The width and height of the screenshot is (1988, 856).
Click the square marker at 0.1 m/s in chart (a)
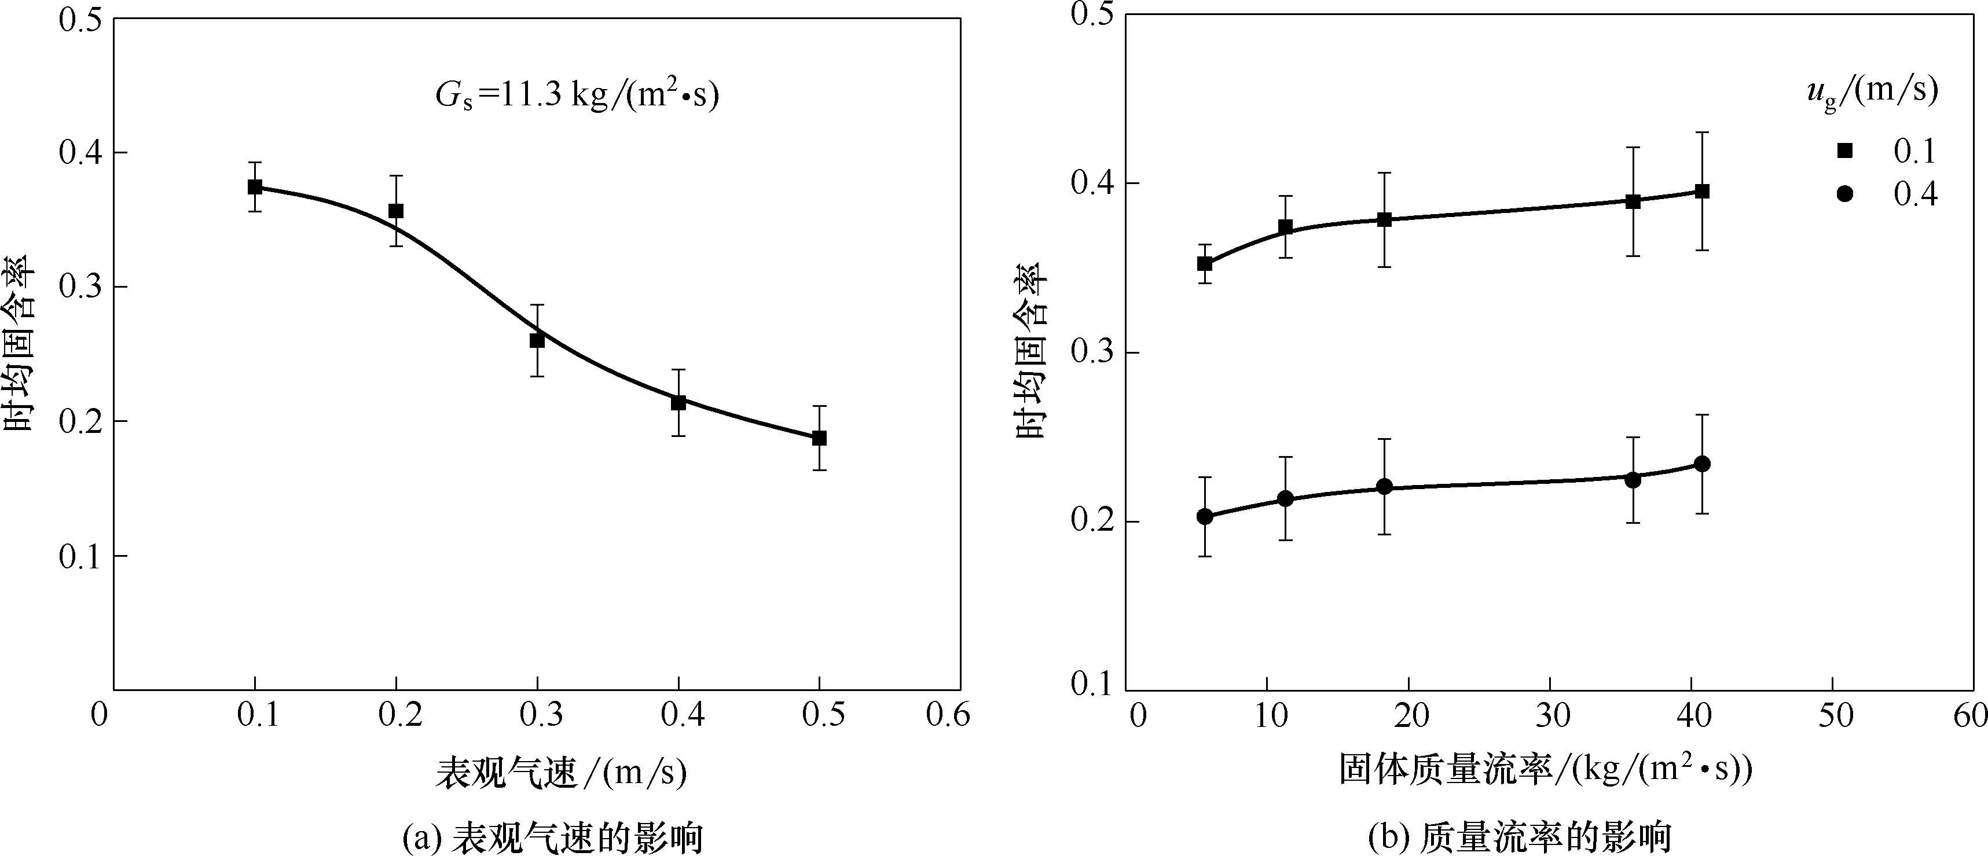pyautogui.click(x=255, y=187)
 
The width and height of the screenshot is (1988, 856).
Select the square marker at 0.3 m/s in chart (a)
pyautogui.click(x=537, y=340)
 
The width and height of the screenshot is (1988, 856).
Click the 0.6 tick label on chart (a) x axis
pyautogui.click(x=948, y=715)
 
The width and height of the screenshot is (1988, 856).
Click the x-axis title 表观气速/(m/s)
pyautogui.click(x=561, y=773)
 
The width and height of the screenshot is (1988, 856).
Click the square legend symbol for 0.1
pyautogui.click(x=1845, y=151)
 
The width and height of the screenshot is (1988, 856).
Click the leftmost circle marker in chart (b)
pyautogui.click(x=1205, y=516)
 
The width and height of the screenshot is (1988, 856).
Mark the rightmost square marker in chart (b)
pyautogui.click(x=1701, y=192)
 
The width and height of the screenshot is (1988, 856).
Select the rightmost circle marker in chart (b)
pyautogui.click(x=1701, y=464)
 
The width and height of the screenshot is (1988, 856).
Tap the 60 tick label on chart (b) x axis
pyautogui.click(x=1972, y=715)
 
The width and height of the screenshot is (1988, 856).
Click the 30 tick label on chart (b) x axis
pyautogui.click(x=1551, y=715)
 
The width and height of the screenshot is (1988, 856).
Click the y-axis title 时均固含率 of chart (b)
pyautogui.click(x=1032, y=352)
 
